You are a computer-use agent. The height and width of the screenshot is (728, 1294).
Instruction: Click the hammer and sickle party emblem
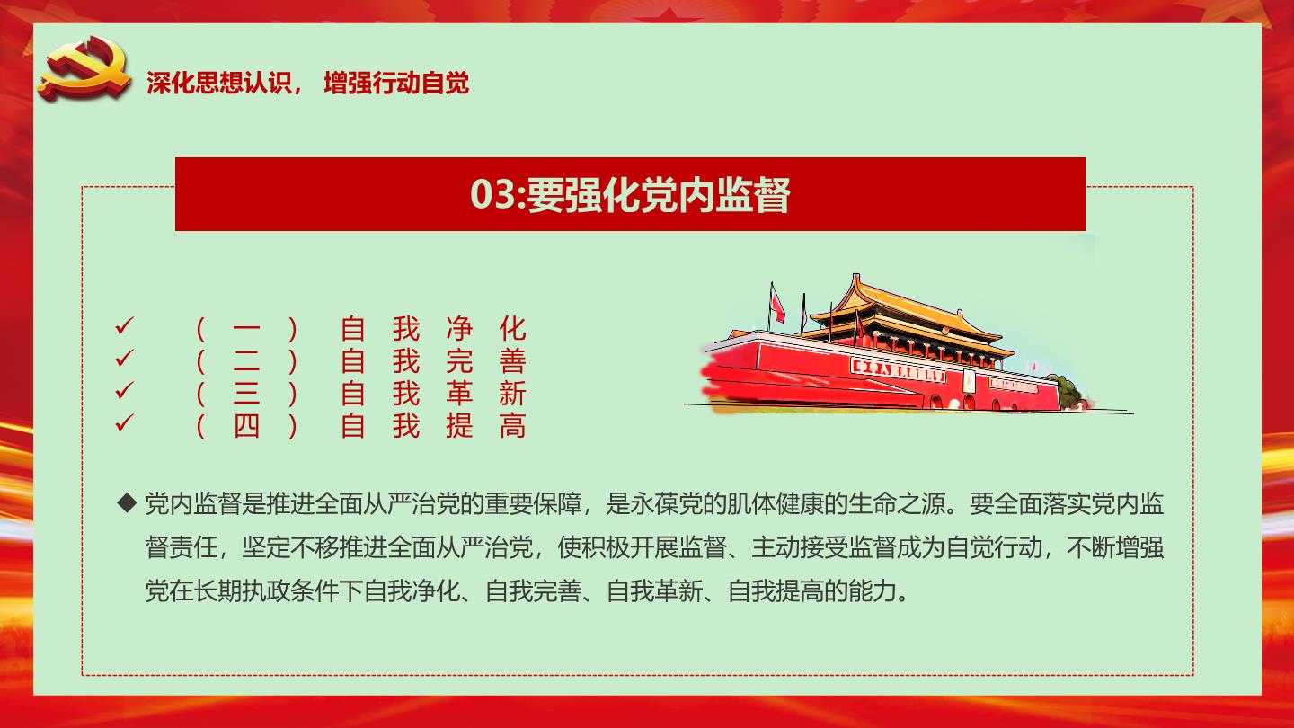(x=84, y=68)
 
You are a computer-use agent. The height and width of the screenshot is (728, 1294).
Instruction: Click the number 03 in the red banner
(x=492, y=194)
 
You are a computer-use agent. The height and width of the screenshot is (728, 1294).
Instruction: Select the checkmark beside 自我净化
(x=124, y=326)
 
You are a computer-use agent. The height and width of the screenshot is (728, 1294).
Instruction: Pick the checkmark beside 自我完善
(x=124, y=359)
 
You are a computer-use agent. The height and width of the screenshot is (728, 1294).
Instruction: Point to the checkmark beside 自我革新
(x=124, y=391)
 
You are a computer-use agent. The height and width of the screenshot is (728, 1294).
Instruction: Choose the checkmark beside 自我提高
(x=124, y=423)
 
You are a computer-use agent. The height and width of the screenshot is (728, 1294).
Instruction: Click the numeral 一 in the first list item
(x=246, y=329)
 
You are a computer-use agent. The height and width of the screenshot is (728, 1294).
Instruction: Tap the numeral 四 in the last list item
(x=246, y=426)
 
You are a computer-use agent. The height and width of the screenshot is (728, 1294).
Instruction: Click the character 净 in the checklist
(x=459, y=329)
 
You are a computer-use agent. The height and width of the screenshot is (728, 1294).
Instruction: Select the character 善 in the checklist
(x=512, y=361)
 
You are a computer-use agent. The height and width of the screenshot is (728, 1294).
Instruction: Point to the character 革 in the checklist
(x=459, y=394)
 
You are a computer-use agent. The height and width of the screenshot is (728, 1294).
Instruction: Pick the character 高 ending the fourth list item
(x=512, y=426)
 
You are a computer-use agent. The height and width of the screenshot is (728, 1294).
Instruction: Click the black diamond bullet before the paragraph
(x=127, y=503)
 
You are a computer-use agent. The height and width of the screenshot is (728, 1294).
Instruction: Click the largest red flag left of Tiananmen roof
(x=777, y=304)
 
